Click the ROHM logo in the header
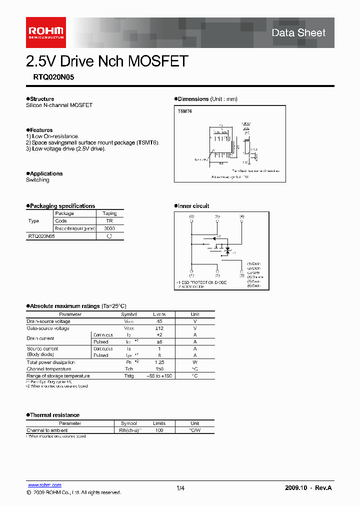pyautogui.click(x=45, y=32)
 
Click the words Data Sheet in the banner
pyautogui.click(x=298, y=33)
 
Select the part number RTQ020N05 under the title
pyautogui.click(x=50, y=77)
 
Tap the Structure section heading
pyautogui.click(x=41, y=99)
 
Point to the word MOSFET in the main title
pyautogui.click(x=158, y=61)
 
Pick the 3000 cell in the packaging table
pyautogui.click(x=109, y=228)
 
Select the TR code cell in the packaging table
pyautogui.click(x=109, y=220)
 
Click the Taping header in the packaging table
pyautogui.click(x=109, y=213)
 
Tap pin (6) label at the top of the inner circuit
pyautogui.click(x=191, y=216)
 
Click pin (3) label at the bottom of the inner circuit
pyautogui.click(x=242, y=275)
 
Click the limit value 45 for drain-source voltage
pyautogui.click(x=159, y=321)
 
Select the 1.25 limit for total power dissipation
pyautogui.click(x=159, y=362)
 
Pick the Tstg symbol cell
pyautogui.click(x=129, y=375)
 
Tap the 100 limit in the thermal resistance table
pyautogui.click(x=159, y=430)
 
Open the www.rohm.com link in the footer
pyautogui.click(x=44, y=485)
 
